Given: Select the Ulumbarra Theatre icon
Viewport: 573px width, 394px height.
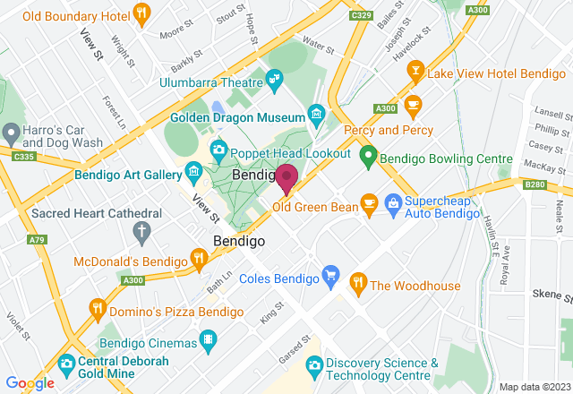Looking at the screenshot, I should tap(274, 82).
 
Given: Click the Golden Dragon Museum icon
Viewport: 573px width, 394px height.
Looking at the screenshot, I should tap(315, 114).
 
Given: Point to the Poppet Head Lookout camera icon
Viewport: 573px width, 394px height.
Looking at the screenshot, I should tap(218, 149).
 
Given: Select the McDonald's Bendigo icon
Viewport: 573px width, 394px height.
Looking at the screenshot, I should tap(199, 259).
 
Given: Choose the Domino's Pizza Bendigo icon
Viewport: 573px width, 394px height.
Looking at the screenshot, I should tap(97, 310).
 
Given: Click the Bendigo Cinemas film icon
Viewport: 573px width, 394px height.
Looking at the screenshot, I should tap(209, 340).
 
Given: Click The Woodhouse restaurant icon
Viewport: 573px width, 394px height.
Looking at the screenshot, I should tap(358, 283).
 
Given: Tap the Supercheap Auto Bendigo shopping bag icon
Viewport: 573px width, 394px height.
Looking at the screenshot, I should tap(392, 204).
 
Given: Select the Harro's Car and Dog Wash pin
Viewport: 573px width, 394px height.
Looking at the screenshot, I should tap(11, 134).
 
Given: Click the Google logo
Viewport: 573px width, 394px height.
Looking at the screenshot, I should tap(29, 382).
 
